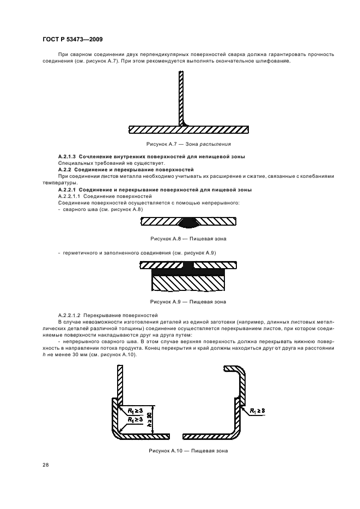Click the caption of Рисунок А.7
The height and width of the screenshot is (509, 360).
coord(188,144)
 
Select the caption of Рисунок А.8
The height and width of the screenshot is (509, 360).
coord(188,239)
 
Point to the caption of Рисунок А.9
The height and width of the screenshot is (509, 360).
coord(188,301)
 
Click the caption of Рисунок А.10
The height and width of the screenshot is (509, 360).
coord(188,451)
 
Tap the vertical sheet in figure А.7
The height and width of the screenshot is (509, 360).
coord(180,98)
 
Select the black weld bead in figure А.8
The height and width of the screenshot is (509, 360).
coord(188,222)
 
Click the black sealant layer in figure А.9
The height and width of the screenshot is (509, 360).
coord(188,271)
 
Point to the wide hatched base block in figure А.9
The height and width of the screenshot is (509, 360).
coord(188,283)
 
